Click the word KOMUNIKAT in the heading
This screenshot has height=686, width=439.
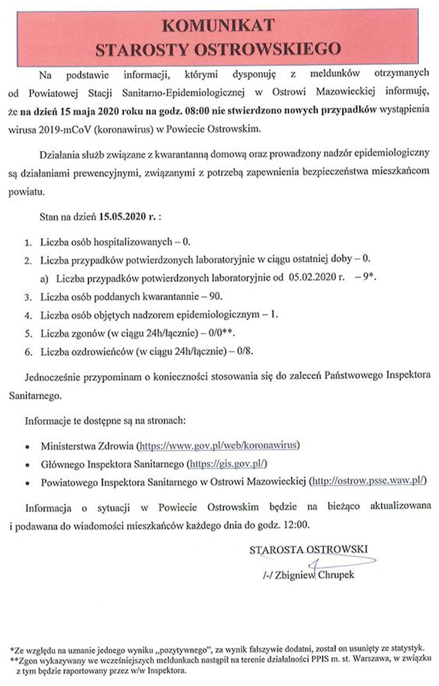(219, 25)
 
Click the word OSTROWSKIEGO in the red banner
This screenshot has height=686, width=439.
(267, 49)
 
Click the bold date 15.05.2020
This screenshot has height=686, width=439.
(122, 216)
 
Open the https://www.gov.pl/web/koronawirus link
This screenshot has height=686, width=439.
(218, 446)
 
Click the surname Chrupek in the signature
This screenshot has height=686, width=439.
(337, 575)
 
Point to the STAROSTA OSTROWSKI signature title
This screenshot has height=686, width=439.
(308, 549)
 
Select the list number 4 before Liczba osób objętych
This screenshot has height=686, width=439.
(28, 315)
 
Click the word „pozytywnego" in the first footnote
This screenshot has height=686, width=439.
(182, 649)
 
